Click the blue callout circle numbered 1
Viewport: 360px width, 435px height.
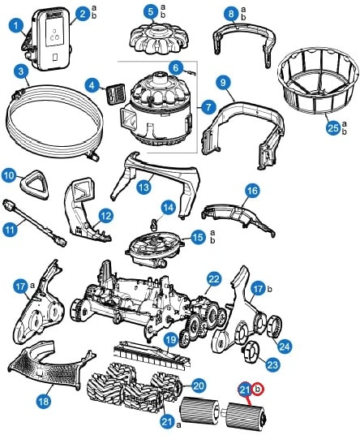click(15, 26)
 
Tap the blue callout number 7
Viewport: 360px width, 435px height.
click(208, 107)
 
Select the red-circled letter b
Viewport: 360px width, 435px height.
click(258, 390)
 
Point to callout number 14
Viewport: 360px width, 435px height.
click(169, 208)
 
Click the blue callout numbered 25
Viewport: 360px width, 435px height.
click(333, 128)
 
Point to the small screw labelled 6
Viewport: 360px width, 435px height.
click(191, 73)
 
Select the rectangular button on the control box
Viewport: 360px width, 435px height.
click(55, 57)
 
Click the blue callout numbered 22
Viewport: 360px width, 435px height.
click(214, 279)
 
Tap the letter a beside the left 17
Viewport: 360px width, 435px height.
click(32, 285)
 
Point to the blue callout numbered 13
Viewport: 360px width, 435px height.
click(144, 187)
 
